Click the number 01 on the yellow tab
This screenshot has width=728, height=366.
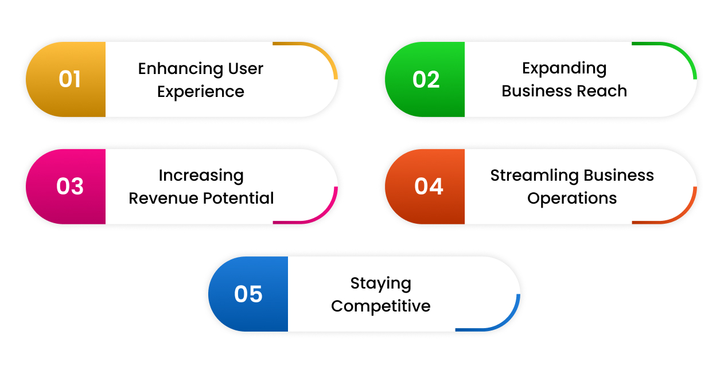[x=69, y=79]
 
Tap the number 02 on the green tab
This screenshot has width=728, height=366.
[x=426, y=79]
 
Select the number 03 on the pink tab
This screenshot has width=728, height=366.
[x=70, y=186]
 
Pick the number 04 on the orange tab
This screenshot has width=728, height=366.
[x=429, y=186]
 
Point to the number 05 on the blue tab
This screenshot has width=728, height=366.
[x=248, y=294]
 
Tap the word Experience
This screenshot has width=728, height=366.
[x=201, y=92]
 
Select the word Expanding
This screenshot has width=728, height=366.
[x=564, y=68]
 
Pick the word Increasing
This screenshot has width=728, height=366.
[x=201, y=176]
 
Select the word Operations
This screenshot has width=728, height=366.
[x=572, y=198]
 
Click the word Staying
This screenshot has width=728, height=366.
[x=380, y=283]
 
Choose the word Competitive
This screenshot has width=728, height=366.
[x=380, y=306]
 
